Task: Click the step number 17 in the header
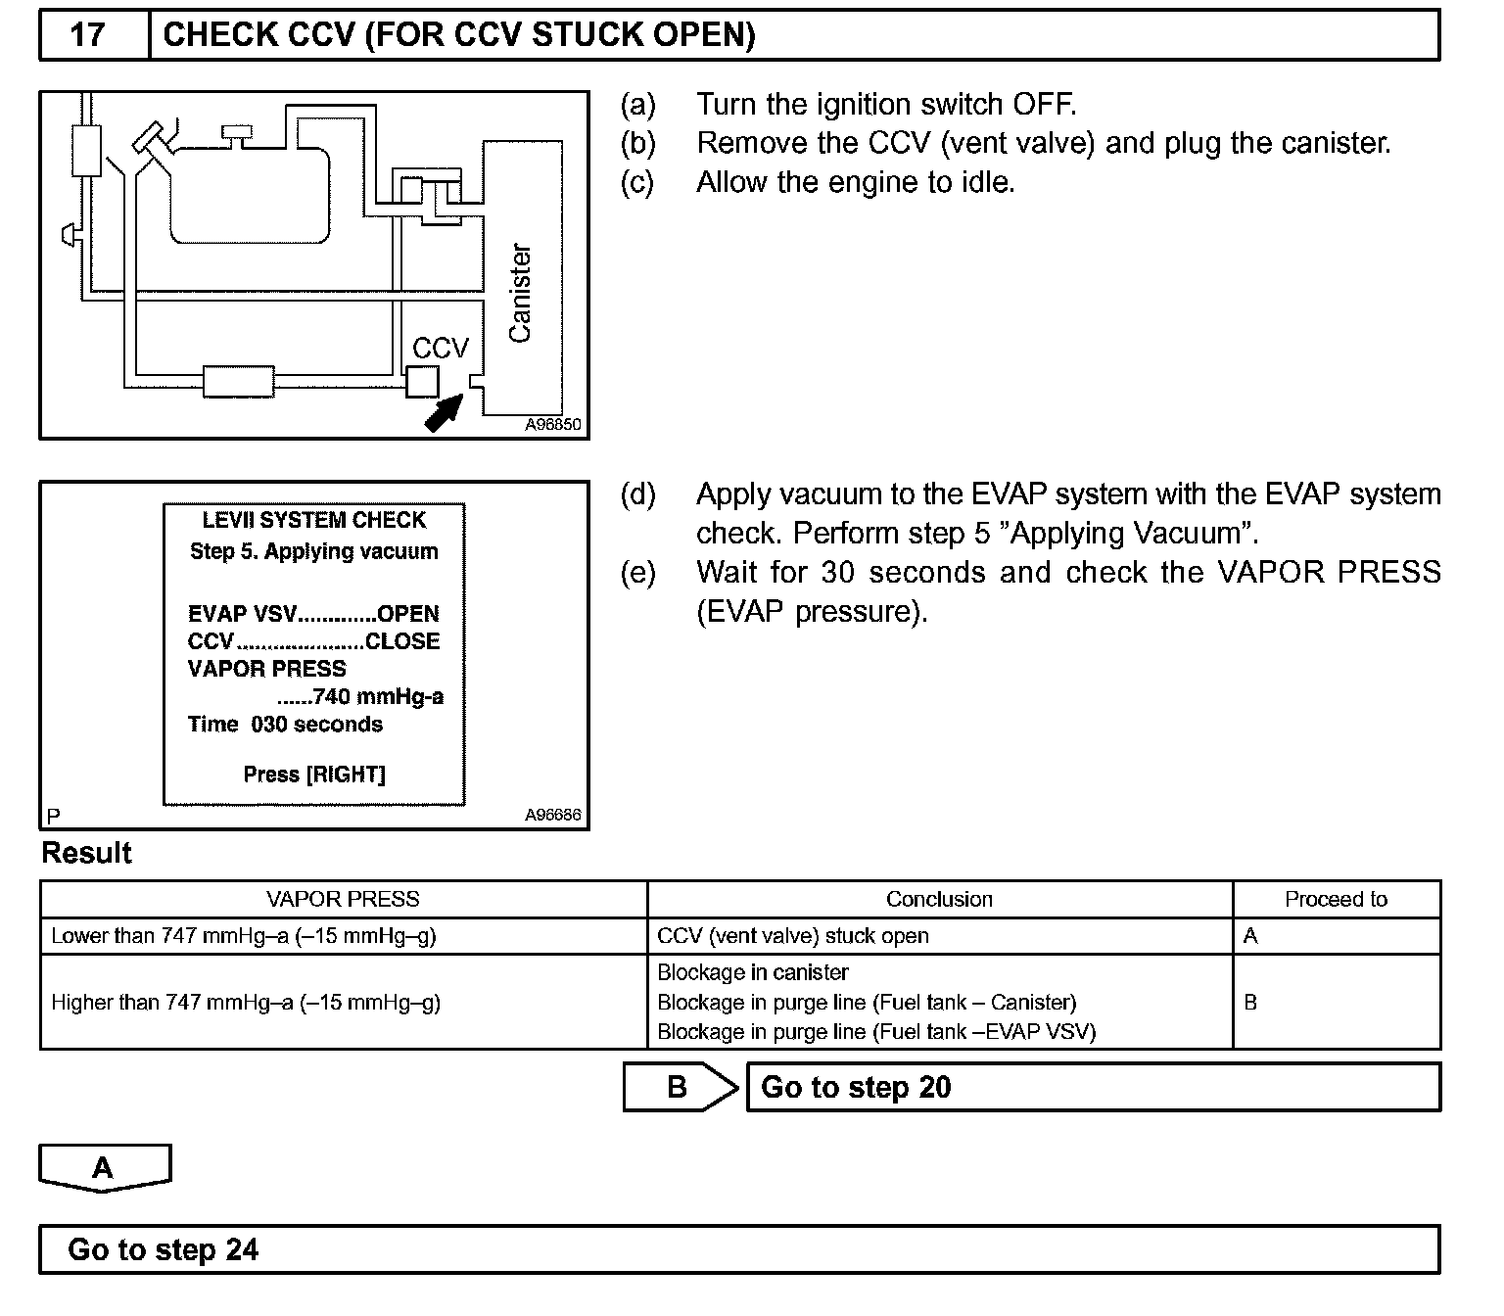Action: point(87,35)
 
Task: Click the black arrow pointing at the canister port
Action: point(444,411)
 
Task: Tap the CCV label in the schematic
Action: point(441,348)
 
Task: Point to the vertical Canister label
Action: point(520,293)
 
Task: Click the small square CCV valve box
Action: point(422,381)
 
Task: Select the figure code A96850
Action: point(552,425)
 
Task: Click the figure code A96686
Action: point(552,815)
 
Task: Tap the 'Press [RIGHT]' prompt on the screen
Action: point(314,775)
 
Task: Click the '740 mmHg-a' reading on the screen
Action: point(377,697)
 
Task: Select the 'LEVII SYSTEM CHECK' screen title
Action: point(314,520)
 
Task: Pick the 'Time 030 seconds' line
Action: point(285,725)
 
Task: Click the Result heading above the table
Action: point(86,853)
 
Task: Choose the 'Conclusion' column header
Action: point(939,899)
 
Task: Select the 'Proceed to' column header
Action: point(1336,899)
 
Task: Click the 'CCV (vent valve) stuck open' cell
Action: point(793,936)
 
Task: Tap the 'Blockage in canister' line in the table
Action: point(753,972)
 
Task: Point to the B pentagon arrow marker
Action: point(680,1088)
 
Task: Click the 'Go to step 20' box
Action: point(1093,1088)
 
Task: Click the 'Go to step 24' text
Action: point(163,1250)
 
